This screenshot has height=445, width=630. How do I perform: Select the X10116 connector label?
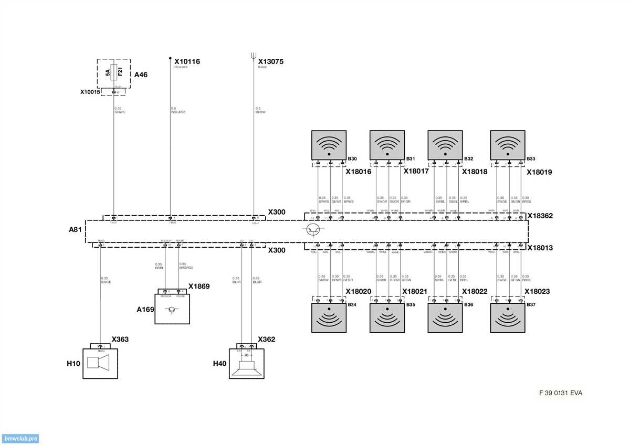187,61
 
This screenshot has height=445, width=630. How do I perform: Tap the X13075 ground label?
271,61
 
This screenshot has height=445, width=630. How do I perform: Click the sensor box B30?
329,145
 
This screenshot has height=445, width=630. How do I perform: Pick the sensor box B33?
508,145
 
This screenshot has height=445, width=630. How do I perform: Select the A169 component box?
172,309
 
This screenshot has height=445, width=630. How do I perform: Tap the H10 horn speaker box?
100,363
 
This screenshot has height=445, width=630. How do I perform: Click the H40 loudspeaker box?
247,363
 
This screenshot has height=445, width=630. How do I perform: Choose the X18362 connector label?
540,216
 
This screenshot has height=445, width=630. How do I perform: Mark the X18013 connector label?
540,248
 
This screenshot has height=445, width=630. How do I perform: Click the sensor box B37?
508,318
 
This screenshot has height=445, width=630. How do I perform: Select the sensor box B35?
387,318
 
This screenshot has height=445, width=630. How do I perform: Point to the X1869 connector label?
199,286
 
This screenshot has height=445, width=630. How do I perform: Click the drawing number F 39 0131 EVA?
561,393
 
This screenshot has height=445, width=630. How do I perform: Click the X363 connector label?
120,340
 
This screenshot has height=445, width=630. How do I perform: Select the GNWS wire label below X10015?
119,112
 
